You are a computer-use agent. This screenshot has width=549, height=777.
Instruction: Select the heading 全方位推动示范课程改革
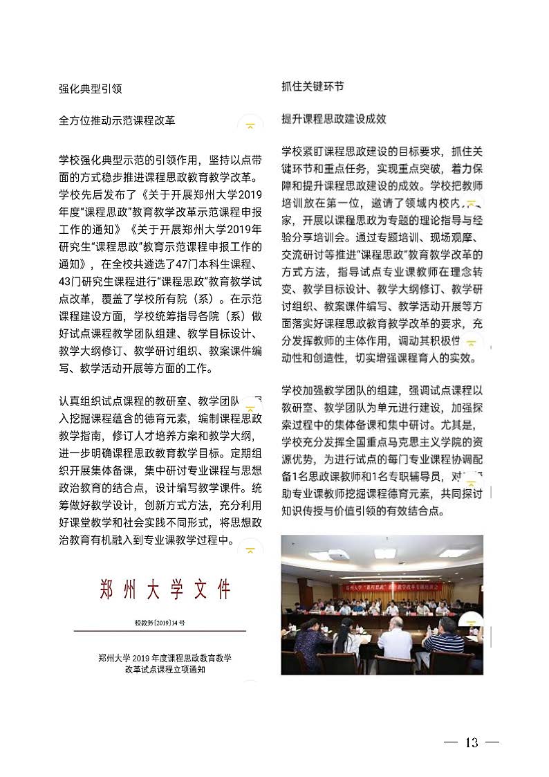117,120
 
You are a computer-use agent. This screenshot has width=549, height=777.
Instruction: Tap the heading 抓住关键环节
313,86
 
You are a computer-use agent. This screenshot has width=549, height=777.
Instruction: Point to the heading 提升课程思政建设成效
334,119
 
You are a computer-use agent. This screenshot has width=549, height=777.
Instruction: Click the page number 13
472,742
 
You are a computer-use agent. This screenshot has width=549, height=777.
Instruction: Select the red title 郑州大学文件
165,590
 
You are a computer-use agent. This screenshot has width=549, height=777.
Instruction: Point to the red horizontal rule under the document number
160,631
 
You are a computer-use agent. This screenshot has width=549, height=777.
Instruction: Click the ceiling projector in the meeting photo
338,554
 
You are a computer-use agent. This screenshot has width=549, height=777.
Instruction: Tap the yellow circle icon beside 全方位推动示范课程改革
250,125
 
